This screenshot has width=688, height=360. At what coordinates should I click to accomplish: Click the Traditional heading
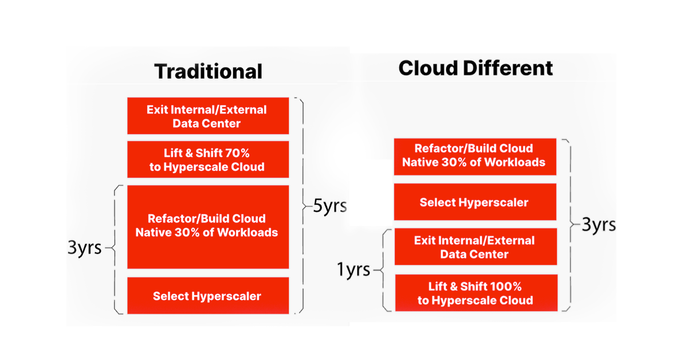coord(208,72)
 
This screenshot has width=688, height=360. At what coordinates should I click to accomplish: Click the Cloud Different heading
coord(475,68)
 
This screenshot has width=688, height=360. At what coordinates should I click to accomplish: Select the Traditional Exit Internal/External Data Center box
coord(207,116)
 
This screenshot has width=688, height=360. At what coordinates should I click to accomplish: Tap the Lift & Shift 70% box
coord(207,160)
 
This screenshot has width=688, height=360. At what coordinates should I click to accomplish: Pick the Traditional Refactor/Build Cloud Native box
coord(207,226)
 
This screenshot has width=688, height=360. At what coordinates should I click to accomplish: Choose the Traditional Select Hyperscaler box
coord(207,296)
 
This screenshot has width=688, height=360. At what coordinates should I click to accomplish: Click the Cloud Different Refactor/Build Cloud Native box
coord(474,155)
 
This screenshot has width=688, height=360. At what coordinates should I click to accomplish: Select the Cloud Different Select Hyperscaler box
coord(474,202)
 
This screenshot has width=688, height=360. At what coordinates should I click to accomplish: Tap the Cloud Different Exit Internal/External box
coord(474,247)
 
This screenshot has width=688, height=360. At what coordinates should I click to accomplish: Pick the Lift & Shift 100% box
coord(475,294)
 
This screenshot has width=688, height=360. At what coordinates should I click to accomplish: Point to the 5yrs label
coord(329,206)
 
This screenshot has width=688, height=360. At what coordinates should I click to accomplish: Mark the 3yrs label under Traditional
coord(85,248)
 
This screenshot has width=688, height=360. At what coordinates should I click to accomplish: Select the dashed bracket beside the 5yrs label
coord(300,206)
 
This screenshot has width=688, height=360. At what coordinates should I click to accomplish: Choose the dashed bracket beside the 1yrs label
coord(385,269)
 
